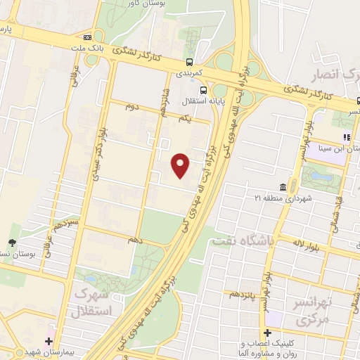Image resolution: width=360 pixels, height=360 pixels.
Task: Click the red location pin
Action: pos(181,165)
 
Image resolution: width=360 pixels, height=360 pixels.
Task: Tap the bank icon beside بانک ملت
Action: pos(86,37)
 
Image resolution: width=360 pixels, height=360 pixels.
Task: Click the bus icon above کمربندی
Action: pos(190,63)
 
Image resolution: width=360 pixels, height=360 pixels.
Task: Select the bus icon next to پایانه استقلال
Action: pos(204,90)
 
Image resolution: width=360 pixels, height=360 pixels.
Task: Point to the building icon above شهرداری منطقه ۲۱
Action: pos(283,187)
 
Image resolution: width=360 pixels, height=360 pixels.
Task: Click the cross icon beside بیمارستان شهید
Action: pos(49,342)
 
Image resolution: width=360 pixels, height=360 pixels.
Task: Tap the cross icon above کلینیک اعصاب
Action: pos(267,333)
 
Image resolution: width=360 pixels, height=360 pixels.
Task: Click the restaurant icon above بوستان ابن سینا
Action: pos(346,138)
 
